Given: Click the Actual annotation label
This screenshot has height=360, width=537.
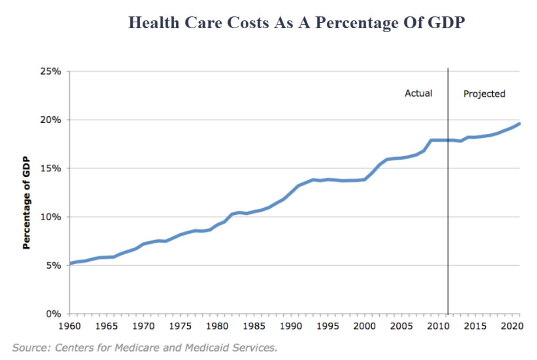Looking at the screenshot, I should coord(418,94).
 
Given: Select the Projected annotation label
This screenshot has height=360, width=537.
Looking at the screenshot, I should coord(484,94).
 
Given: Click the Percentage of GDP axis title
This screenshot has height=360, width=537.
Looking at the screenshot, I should coord(26,202).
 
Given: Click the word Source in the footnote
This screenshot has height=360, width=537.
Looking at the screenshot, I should coord(28,347).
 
